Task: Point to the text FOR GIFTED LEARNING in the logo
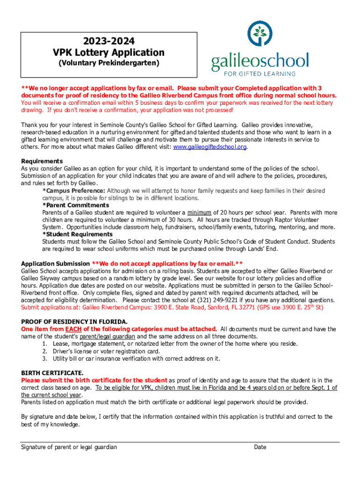(259, 73)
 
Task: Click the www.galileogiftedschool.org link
(209, 147)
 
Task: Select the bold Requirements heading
(42, 161)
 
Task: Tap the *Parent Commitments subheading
(76, 205)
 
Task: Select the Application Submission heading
(55, 263)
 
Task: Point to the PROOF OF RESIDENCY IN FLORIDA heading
(74, 322)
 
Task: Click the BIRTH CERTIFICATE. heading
(52, 373)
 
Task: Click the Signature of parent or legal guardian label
(69, 447)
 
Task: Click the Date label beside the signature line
(260, 447)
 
